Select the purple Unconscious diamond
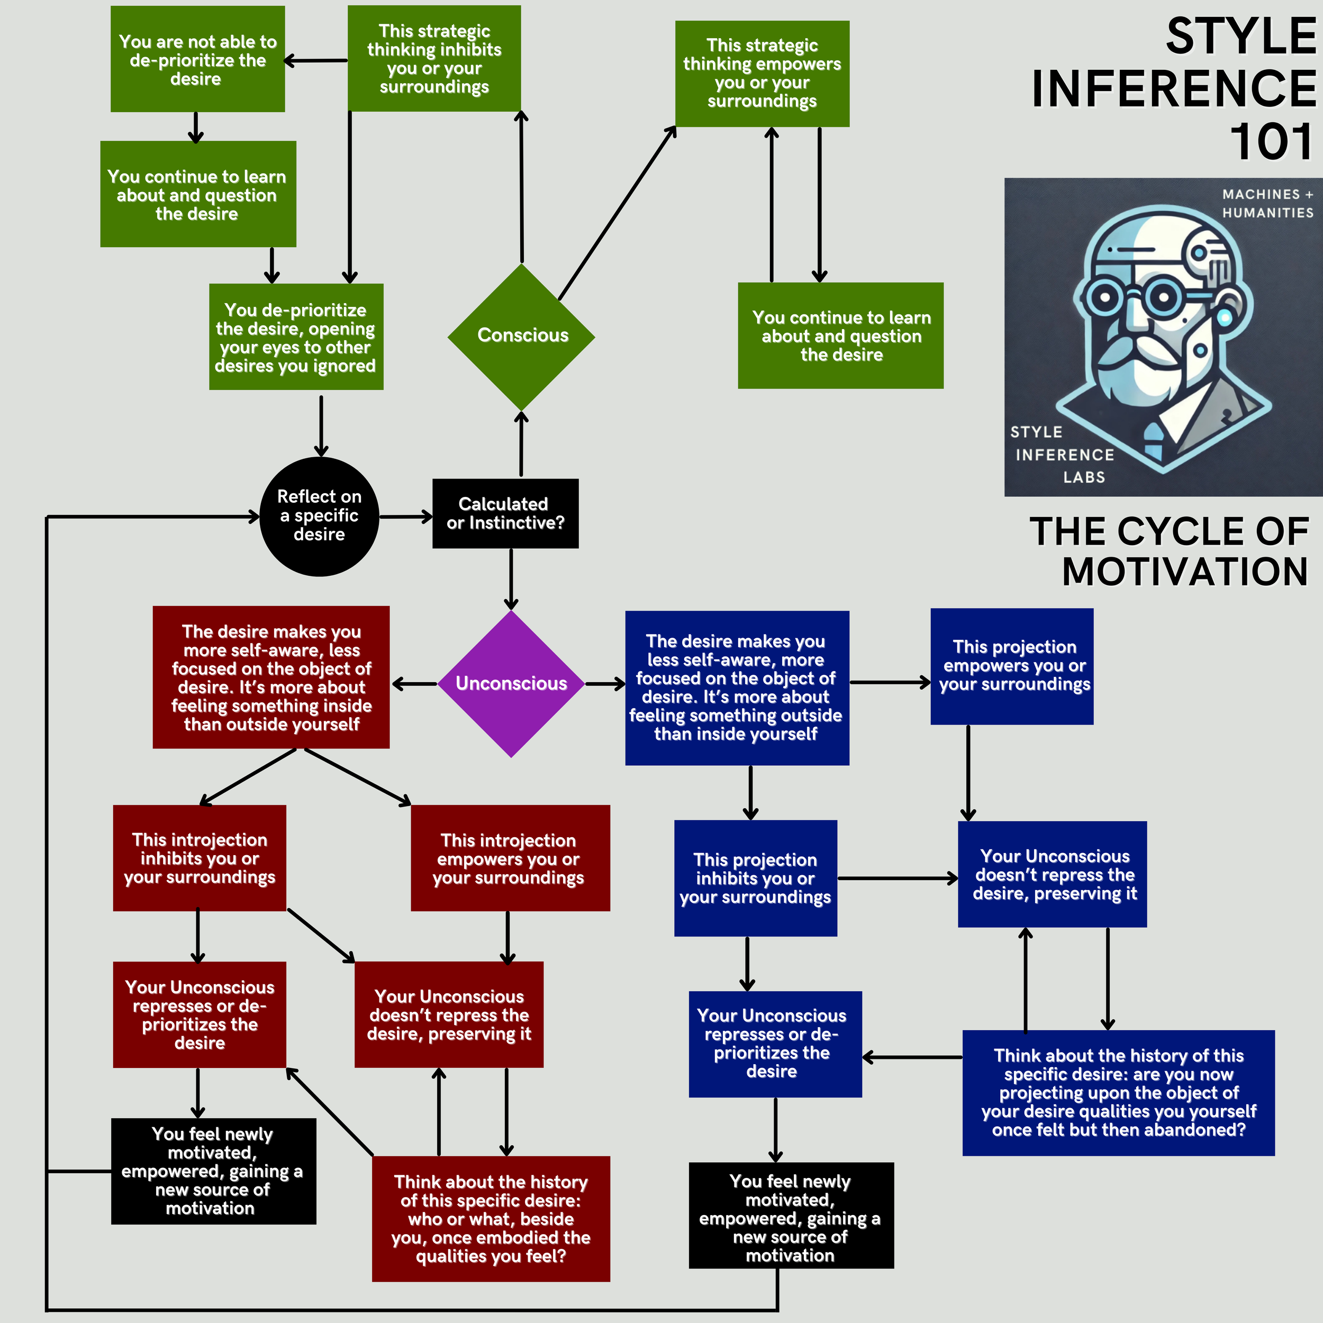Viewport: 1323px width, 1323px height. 511,683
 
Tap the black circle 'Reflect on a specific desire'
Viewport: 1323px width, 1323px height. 319,516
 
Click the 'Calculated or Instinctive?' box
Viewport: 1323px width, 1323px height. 505,513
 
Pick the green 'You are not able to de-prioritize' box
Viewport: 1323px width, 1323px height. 197,60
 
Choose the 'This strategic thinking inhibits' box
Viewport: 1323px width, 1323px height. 434,59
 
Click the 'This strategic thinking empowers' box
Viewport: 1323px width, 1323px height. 762,73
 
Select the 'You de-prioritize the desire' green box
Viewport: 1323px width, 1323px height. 296,337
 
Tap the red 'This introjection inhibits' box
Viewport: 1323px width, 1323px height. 200,858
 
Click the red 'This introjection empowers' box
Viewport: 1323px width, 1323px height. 510,858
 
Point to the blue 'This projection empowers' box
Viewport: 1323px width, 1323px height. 1011,666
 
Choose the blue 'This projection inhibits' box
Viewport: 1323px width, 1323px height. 755,878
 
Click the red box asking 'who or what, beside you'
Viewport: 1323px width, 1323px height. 491,1219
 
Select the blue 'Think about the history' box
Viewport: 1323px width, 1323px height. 1118,1093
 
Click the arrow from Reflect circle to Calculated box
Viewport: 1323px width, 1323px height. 406,517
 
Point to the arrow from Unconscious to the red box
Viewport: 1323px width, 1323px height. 414,683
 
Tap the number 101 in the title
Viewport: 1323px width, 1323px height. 1272,142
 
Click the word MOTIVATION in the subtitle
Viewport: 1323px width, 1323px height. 1185,572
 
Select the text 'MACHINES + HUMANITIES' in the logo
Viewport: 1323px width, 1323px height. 1267,203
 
